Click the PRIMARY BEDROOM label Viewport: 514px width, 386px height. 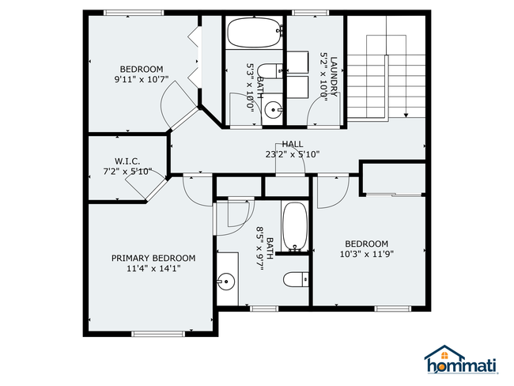[153, 258]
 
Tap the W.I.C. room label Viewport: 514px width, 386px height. [127, 161]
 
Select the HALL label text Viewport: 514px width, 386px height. [293, 144]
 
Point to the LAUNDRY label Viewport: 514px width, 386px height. [334, 77]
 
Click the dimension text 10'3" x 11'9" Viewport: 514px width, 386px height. [366, 254]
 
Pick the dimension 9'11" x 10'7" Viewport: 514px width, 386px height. [142, 79]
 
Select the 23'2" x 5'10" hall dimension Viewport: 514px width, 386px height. [293, 154]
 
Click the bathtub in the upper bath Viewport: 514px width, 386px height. [255, 32]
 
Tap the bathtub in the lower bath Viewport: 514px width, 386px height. [295, 226]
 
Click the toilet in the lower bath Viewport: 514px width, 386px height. [296, 279]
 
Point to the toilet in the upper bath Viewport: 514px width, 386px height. [270, 71]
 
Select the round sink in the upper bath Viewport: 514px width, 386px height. [273, 109]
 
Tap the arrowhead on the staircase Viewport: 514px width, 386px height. [406, 115]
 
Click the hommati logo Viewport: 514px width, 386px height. [461, 360]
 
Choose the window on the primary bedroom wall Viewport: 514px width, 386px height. [158, 334]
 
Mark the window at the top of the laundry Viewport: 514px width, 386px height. [311, 13]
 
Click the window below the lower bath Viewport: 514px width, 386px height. [264, 308]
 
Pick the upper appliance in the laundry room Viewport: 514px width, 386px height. [297, 62]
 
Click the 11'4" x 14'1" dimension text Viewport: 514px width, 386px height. [153, 269]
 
